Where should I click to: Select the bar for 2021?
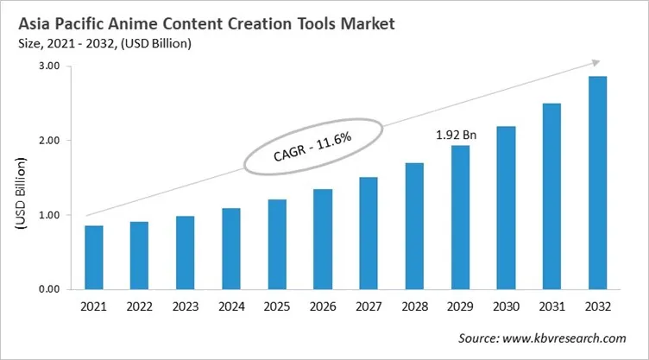[x=94, y=257]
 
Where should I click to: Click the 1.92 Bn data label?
[x=455, y=136]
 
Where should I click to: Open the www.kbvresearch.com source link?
[x=572, y=338]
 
